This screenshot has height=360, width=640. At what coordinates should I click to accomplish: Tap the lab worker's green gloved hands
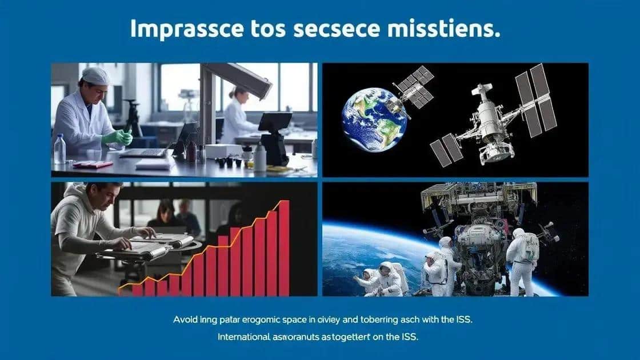(x=118, y=137)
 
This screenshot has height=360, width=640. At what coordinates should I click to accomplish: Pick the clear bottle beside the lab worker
(x=59, y=150)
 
